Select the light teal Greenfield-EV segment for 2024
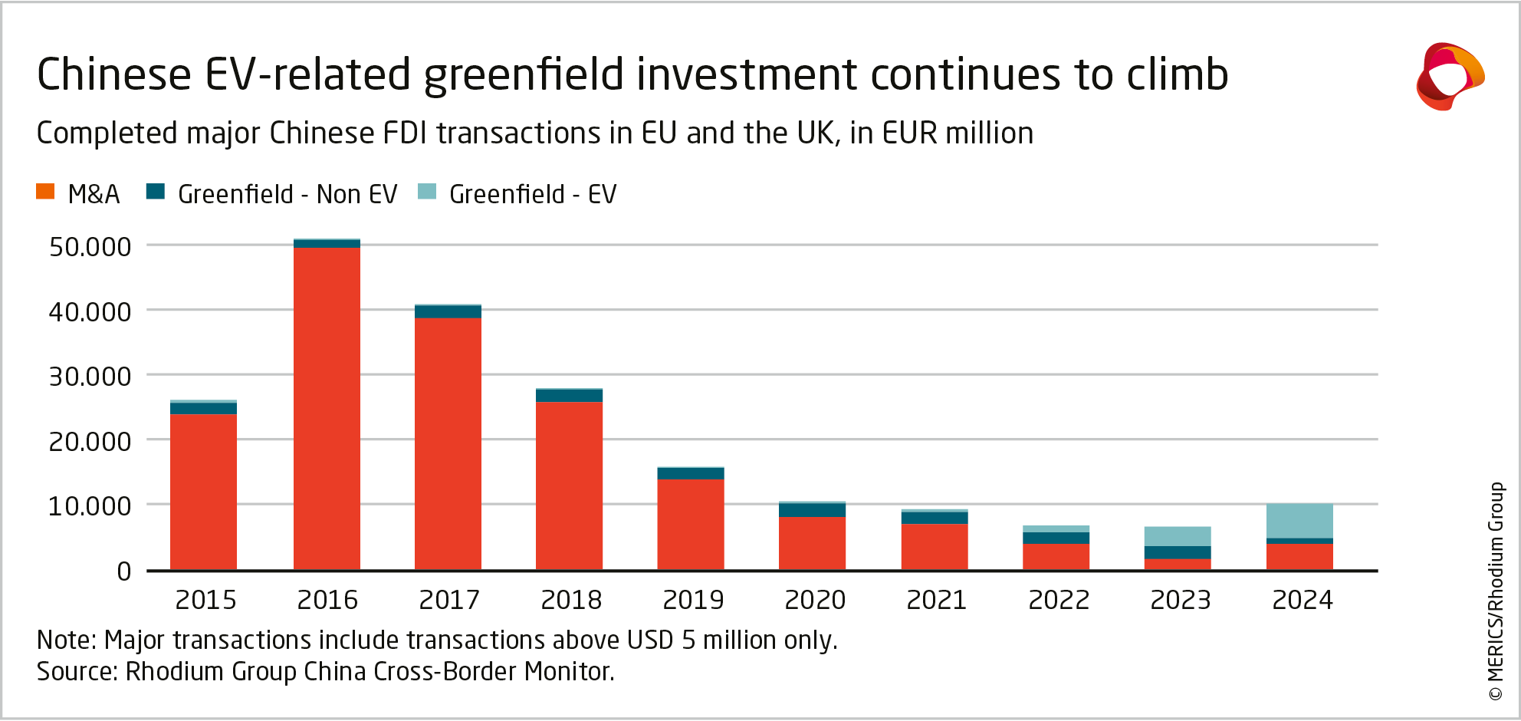[1299, 521]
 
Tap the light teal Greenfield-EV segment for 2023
[1178, 536]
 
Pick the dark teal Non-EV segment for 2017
[448, 311]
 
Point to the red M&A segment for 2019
[691, 524]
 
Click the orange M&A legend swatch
[45, 192]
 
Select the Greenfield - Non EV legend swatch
[156, 192]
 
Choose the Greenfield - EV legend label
[533, 195]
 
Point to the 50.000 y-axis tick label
[90, 247]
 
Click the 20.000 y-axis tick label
[90, 442]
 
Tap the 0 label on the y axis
[123, 571]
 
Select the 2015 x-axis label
[205, 600]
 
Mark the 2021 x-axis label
[936, 600]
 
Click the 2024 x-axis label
[1303, 600]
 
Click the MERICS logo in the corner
[1449, 76]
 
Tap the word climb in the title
[1178, 74]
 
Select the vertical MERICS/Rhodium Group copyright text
[1496, 591]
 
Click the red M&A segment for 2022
[1056, 556]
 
